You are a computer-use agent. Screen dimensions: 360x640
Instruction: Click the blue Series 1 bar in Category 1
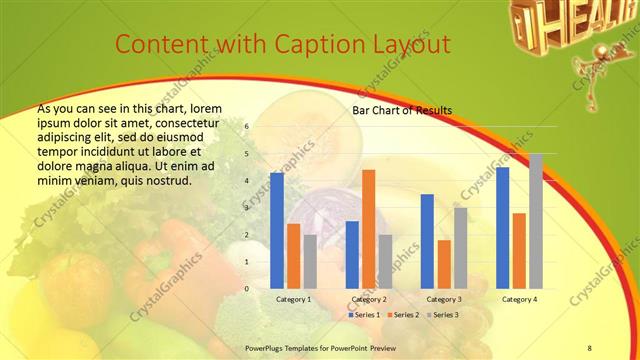point(276,231)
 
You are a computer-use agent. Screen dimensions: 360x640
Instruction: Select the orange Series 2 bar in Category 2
point(368,229)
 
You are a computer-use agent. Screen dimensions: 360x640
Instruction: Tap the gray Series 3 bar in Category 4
point(536,221)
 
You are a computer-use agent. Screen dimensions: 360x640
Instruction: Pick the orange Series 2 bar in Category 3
point(444,264)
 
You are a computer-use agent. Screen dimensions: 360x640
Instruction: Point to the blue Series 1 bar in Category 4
point(502,228)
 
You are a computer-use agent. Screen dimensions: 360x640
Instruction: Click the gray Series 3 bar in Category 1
point(310,262)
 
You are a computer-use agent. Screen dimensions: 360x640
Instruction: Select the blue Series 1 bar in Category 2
point(352,255)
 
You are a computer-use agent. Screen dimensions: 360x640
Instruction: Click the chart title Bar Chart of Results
point(402,110)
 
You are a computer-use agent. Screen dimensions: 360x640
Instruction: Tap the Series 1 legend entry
point(366,315)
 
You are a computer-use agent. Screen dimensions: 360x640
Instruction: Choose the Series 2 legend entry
point(404,315)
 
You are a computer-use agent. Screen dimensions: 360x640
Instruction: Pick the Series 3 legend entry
point(443,315)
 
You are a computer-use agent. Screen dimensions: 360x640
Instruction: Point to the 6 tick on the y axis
point(247,127)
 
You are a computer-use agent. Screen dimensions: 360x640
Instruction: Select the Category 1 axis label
point(293,299)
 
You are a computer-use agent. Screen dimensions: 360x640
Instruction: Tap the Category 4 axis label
point(519,299)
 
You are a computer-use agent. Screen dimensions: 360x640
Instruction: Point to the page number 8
point(589,346)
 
